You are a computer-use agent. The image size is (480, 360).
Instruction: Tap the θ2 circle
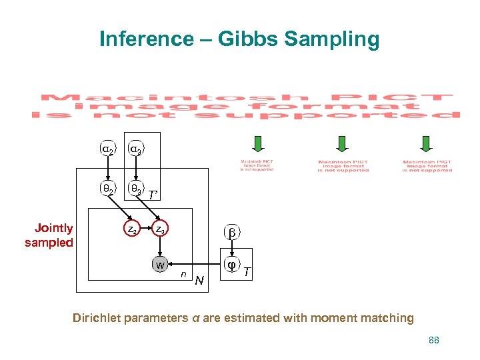107,189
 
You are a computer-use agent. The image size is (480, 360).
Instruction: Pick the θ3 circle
135,189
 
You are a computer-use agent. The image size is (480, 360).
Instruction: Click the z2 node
133,231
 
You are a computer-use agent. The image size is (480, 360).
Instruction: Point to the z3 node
161,231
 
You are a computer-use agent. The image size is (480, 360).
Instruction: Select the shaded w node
160,265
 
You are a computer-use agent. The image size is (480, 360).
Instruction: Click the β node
233,233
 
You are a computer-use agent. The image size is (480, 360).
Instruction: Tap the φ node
232,265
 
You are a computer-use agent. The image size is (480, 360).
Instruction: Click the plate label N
199,279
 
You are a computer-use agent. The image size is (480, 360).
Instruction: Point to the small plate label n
183,273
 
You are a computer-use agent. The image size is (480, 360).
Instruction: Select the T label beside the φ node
247,271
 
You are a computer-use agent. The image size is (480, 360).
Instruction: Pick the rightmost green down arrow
427,144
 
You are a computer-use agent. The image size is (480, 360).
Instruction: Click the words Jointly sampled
49,235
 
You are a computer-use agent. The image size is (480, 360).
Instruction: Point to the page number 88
434,340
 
